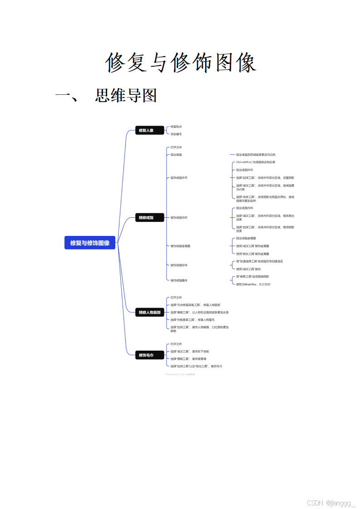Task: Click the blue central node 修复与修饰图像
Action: tap(90, 243)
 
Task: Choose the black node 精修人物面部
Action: tap(149, 313)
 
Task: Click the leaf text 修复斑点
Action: tap(176, 127)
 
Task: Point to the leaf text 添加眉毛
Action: tap(176, 134)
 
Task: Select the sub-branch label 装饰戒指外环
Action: tap(179, 178)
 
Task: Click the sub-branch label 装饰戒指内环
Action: tap(179, 218)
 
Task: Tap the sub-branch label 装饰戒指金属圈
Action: tap(180, 246)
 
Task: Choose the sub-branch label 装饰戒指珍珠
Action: tap(179, 265)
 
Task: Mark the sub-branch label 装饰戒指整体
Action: tap(179, 280)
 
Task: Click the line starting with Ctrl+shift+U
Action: tap(256, 162)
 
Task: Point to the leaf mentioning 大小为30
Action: tap(253, 284)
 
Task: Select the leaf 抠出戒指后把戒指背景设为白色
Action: tap(256, 155)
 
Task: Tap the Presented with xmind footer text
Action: tap(180, 374)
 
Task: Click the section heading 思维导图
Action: tap(126, 96)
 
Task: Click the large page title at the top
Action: tap(181, 63)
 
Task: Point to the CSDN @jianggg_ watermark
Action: tap(331, 503)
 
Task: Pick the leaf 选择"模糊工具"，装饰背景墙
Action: tap(188, 359)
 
